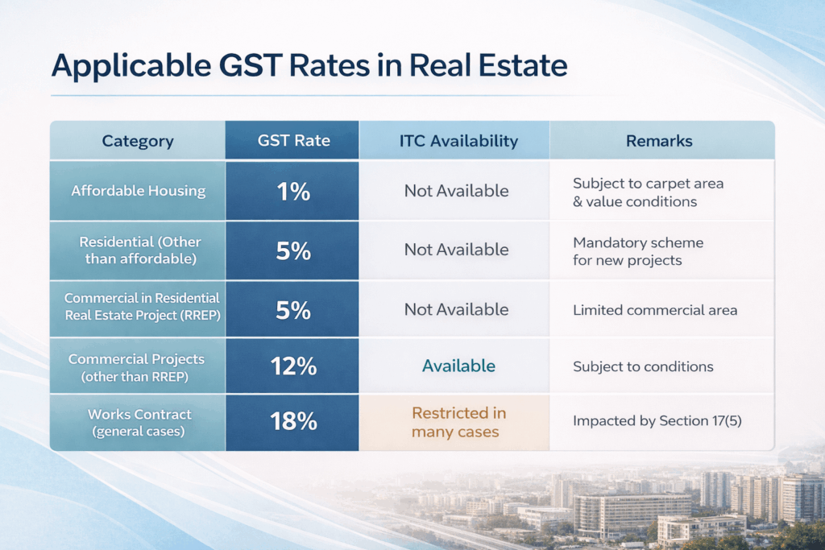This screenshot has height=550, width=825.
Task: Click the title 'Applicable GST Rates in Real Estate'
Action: (x=309, y=65)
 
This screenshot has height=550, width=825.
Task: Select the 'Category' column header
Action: (x=138, y=141)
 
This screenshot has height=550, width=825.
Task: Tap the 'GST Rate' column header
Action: (x=293, y=141)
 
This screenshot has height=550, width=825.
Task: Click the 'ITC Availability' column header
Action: (x=458, y=141)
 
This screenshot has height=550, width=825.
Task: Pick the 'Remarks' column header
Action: (x=659, y=141)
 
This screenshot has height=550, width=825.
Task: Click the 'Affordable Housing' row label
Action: (x=138, y=191)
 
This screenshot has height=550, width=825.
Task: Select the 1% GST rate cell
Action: (x=293, y=191)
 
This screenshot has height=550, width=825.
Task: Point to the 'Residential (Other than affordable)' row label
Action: (x=138, y=250)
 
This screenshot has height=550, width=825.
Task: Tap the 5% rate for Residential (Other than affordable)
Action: (x=293, y=250)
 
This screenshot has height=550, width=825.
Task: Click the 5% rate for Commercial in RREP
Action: (x=293, y=309)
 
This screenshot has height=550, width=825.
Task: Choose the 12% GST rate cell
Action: (x=293, y=366)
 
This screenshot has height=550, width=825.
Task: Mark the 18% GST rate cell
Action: (x=293, y=422)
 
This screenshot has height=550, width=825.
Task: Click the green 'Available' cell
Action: (x=458, y=366)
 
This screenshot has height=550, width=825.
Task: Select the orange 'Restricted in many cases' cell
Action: (x=458, y=422)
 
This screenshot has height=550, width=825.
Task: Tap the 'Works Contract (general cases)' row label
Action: (x=138, y=422)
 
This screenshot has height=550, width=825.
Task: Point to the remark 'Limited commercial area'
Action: (x=654, y=310)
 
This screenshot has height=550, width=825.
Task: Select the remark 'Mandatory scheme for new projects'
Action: (x=637, y=251)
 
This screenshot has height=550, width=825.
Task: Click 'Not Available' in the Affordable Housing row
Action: (x=456, y=191)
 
